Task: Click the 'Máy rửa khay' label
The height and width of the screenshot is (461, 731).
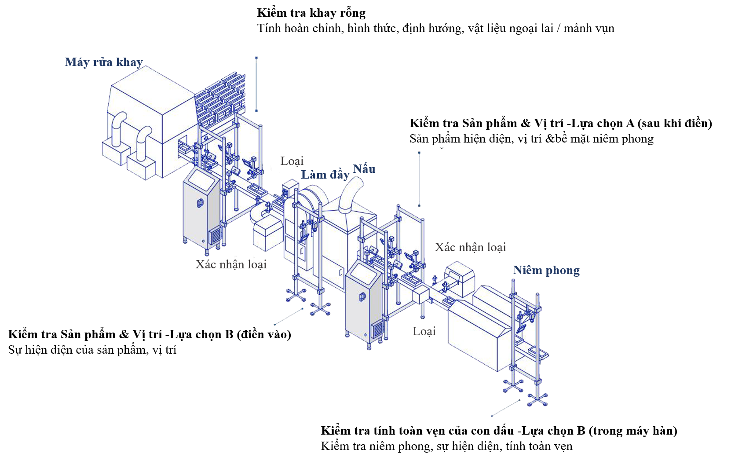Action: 104,62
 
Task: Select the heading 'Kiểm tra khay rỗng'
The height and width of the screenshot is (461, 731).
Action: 311,13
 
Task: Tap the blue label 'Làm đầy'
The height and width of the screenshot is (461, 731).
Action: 325,175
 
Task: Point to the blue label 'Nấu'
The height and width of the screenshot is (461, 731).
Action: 364,169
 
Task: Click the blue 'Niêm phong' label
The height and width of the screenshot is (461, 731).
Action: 546,271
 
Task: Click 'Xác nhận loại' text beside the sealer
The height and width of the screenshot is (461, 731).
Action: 470,247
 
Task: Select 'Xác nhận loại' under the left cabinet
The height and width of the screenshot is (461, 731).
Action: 231,264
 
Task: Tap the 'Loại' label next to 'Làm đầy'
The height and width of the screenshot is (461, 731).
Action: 292,161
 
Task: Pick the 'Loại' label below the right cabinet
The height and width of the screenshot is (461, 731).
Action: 424,331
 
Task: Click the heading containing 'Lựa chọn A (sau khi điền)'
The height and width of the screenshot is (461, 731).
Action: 561,124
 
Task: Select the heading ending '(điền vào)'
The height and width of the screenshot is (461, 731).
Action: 150,334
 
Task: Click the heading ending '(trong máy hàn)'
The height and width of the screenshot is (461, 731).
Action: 499,431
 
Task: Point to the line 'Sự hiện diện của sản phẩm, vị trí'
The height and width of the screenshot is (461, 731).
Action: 92,350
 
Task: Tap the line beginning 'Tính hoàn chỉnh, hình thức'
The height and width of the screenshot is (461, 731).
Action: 436,29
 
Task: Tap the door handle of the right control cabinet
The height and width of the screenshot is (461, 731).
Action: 362,297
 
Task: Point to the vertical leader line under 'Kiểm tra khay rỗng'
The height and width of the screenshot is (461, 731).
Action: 256,84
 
